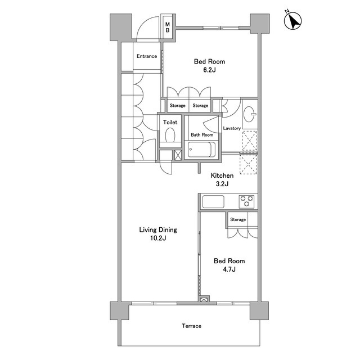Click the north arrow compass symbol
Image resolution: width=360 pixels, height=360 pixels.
tap(292, 20)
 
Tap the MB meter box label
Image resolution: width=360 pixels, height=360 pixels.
tap(168, 28)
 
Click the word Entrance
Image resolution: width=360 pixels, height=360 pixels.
tap(147, 56)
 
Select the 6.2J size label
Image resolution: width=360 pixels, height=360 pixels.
tap(209, 70)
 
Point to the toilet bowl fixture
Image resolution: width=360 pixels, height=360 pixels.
tap(170, 135)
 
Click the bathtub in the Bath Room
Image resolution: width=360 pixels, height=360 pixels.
tap(201, 150)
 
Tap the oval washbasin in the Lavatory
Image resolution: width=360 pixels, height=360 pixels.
tap(249, 114)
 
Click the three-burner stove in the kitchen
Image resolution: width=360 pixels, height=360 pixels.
tap(246, 201)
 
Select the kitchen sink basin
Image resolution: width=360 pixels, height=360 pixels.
tap(213, 201)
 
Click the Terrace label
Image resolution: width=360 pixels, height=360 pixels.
tap(191, 326)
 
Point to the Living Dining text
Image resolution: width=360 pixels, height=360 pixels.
tap(158, 230)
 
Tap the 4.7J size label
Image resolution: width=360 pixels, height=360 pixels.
tap(229, 269)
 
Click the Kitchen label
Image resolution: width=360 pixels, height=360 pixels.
tap(222, 175)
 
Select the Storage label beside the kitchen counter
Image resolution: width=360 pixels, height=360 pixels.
tap(238, 219)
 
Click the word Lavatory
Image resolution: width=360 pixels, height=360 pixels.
tap(232, 128)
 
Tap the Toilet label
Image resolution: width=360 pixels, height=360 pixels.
tap(170, 122)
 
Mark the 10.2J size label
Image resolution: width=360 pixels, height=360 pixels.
tap(158, 238)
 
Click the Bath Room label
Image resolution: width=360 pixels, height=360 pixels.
tap(202, 135)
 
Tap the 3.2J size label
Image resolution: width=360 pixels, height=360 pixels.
tap(222, 184)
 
